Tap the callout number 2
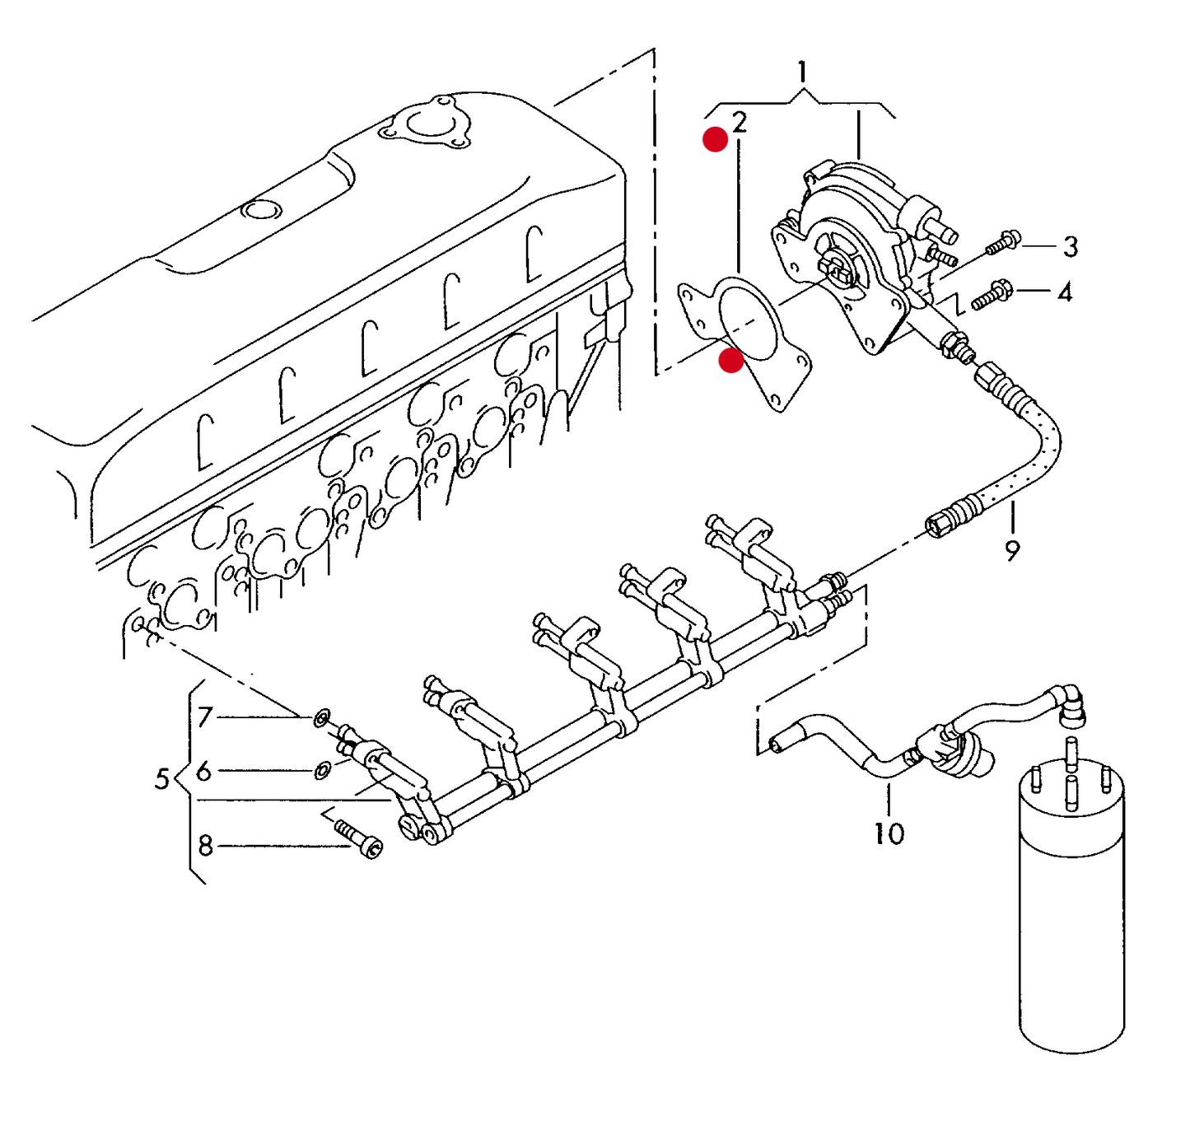point(740,123)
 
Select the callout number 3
point(1070,246)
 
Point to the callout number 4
point(1065,292)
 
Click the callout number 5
point(162,778)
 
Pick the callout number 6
point(203,772)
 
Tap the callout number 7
point(205,717)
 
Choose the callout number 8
point(205,846)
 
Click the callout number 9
point(1012,550)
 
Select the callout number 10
point(889,833)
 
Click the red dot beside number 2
point(715,140)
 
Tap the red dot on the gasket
point(730,361)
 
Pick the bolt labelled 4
point(992,295)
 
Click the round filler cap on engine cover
point(261,210)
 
